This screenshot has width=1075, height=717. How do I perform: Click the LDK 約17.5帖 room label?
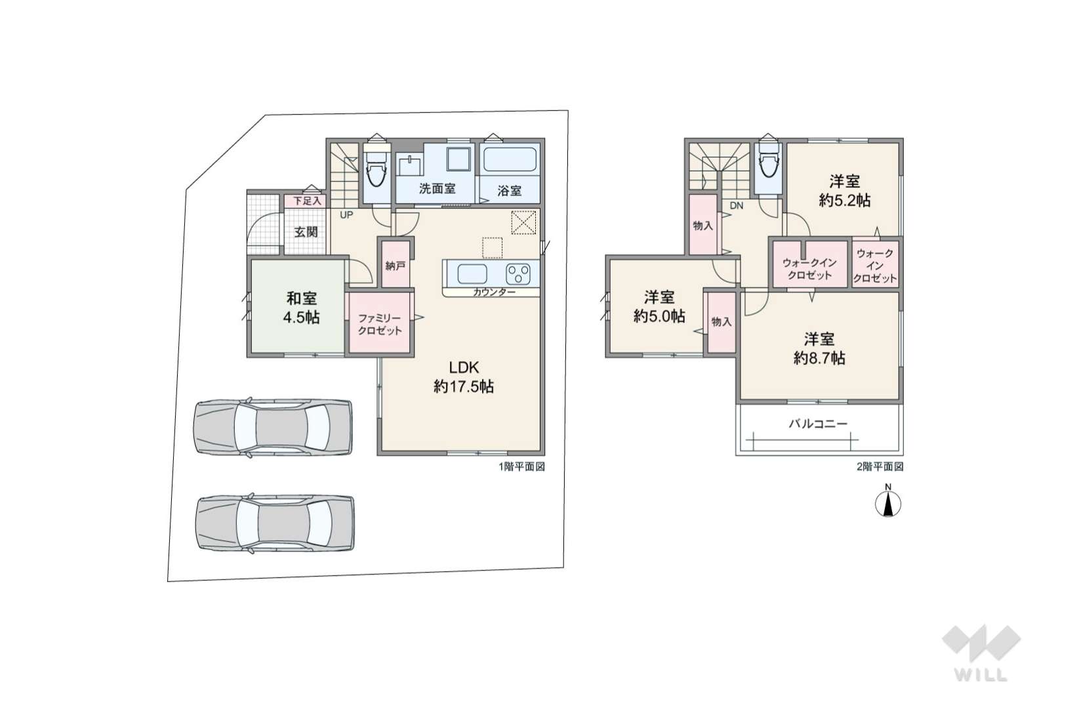coord(464,377)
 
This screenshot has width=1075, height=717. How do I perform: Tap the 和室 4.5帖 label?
coord(302,308)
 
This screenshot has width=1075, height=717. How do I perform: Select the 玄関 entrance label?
coord(306,232)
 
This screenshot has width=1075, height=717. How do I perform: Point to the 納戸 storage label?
coord(396,266)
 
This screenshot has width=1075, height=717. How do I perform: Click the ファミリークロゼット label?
coord(380,325)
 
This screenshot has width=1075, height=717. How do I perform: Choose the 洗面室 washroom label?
coord(437,189)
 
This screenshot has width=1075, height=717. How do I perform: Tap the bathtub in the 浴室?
coord(510,160)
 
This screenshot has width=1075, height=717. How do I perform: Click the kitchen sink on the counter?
coord(472,274)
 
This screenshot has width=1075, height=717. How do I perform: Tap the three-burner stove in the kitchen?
coord(518,274)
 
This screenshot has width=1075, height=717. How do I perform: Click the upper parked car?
coord(273,426)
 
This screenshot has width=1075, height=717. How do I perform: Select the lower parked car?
coord(275,523)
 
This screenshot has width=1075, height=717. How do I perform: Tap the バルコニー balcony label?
coord(819,424)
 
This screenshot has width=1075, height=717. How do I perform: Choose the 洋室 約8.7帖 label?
coord(819,349)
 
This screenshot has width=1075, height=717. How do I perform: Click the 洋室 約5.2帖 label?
coord(845,191)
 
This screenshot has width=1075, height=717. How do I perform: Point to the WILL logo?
coord(981,653)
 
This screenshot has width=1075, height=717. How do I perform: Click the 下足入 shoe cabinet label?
coord(308,201)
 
